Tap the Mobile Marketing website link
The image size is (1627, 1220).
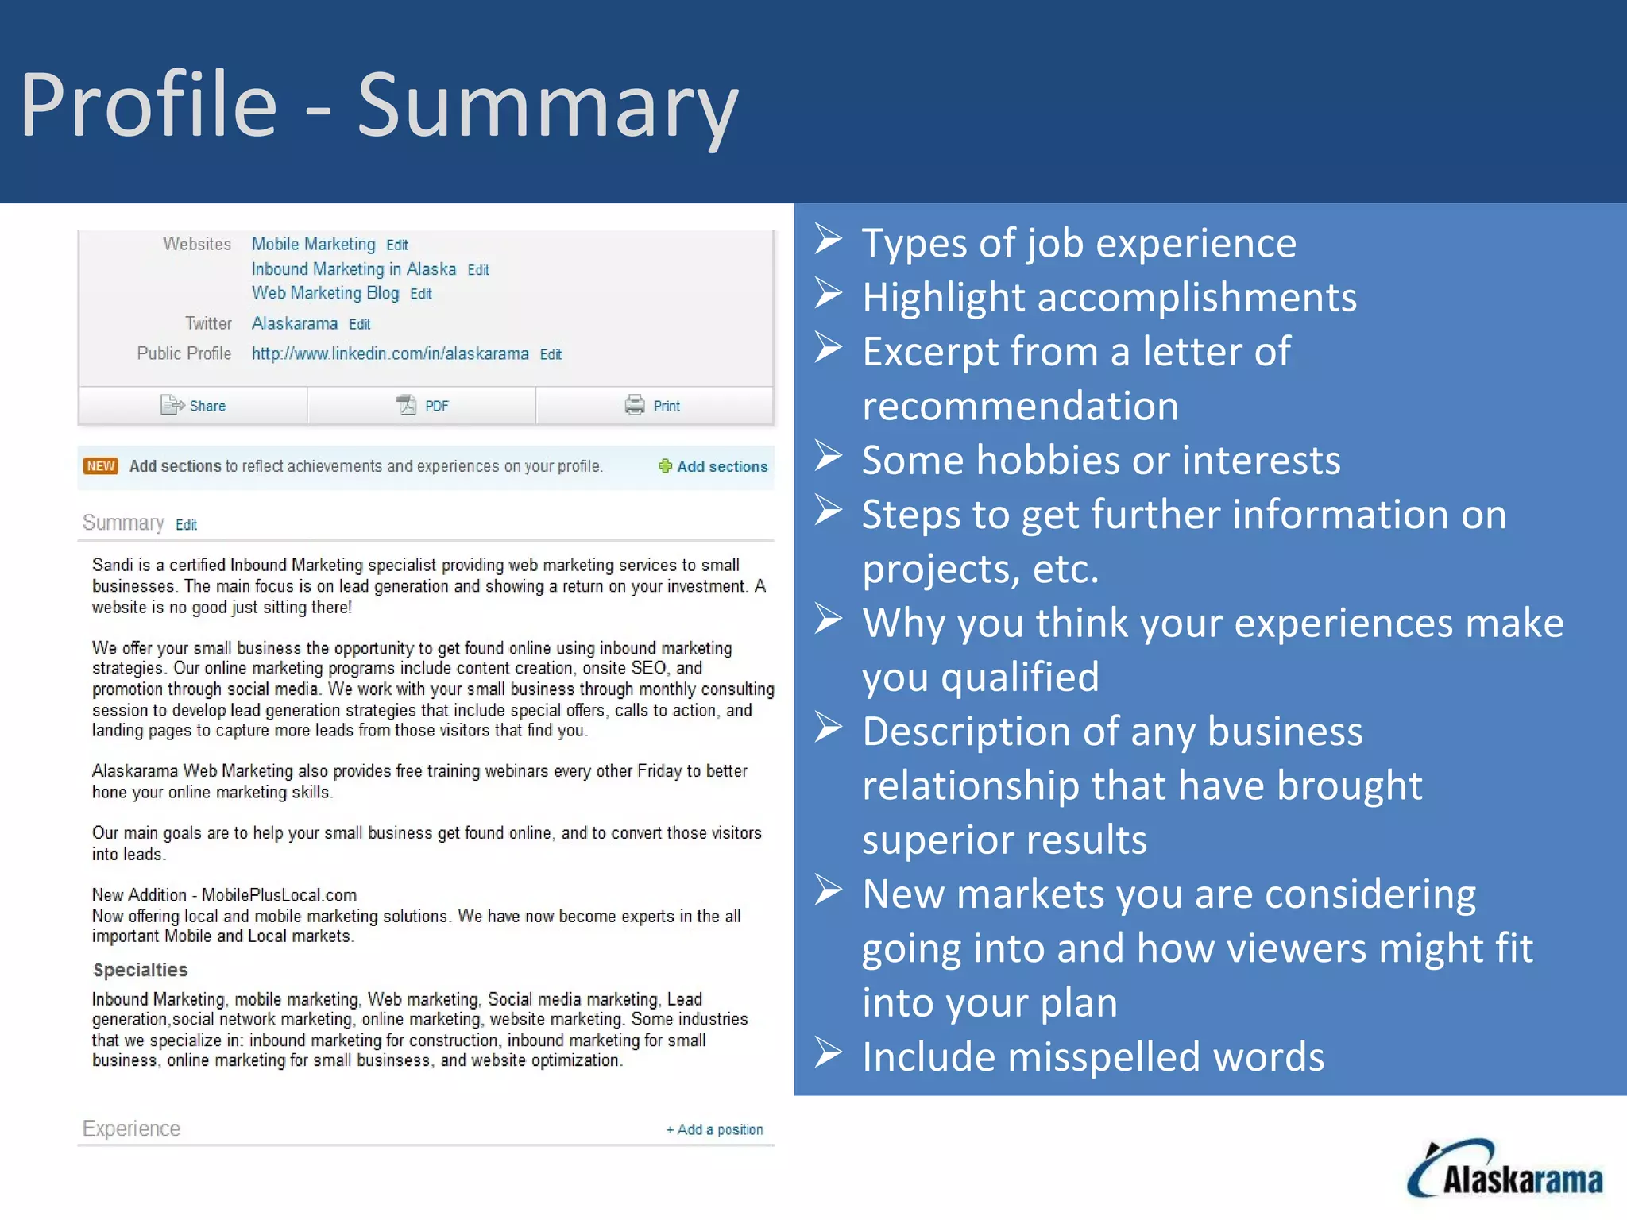tap(313, 244)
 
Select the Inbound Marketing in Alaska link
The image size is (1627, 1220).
tap(354, 269)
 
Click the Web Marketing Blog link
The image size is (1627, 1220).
tap(325, 293)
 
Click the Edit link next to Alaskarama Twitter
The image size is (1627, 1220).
tap(359, 324)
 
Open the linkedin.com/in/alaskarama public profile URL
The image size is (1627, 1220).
tap(389, 353)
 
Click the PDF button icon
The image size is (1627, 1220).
tap(407, 405)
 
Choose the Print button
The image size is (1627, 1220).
tap(654, 405)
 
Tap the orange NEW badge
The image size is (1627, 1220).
tap(101, 466)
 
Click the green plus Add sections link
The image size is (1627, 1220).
tap(713, 466)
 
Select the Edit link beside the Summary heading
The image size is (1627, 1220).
tap(186, 525)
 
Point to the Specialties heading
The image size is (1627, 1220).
tap(140, 970)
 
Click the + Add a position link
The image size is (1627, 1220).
tap(714, 1129)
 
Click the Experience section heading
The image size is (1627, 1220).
tap(131, 1129)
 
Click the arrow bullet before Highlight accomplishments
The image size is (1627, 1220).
tap(828, 294)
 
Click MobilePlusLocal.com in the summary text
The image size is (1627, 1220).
tap(279, 895)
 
